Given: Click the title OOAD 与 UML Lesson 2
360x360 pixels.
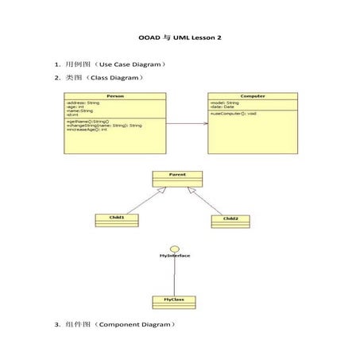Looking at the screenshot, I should [180, 37].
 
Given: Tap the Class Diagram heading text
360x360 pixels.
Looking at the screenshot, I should [105, 78].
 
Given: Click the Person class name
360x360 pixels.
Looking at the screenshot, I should [115, 96].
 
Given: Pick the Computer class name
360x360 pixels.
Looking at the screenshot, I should [254, 96].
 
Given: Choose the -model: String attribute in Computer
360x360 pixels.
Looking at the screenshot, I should [225, 103].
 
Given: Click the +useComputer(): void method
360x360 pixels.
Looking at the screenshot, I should [234, 114].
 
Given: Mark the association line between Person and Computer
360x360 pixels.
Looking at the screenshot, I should [188, 123].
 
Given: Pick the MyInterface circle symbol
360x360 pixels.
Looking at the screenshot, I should [174, 248].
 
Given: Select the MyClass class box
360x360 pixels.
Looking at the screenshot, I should [174, 302].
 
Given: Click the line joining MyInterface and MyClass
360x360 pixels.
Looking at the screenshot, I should [174, 277].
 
